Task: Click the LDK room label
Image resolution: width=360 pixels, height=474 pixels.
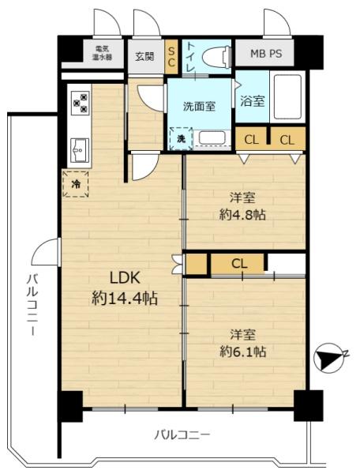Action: pyautogui.click(x=125, y=278)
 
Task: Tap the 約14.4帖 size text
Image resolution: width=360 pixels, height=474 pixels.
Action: pyautogui.click(x=125, y=299)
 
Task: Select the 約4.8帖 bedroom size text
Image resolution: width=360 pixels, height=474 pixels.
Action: pyautogui.click(x=242, y=215)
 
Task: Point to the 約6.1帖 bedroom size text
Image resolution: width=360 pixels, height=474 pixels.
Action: pyautogui.click(x=242, y=352)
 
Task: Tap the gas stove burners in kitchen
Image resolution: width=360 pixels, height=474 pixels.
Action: pyautogui.click(x=81, y=103)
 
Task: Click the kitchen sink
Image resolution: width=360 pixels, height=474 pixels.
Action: pyautogui.click(x=80, y=150)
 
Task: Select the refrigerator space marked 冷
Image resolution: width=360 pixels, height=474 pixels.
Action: pyautogui.click(x=76, y=184)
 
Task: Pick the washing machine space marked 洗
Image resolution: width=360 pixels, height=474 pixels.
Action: pyautogui.click(x=181, y=139)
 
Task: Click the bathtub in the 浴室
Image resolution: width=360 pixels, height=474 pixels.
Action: pyautogui.click(x=287, y=96)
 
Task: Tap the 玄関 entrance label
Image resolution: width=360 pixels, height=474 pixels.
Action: pyautogui.click(x=144, y=56)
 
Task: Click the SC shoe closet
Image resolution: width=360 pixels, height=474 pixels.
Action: pyautogui.click(x=171, y=57)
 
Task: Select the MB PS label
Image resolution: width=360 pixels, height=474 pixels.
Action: pyautogui.click(x=266, y=54)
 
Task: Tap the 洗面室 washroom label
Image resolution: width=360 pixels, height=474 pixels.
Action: pyautogui.click(x=199, y=107)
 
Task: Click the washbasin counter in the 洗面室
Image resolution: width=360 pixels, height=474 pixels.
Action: pyautogui.click(x=212, y=139)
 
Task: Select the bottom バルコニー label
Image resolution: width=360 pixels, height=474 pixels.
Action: pyautogui.click(x=182, y=435)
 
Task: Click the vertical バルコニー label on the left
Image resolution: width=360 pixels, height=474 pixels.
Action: pyautogui.click(x=32, y=304)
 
